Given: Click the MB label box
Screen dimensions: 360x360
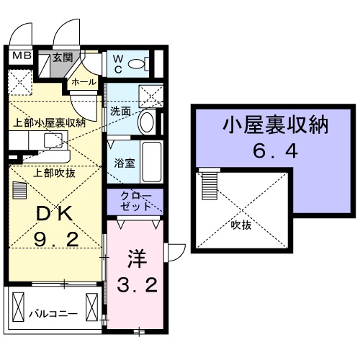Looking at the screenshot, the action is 22,56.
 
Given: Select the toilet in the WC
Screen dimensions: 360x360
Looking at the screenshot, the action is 139,64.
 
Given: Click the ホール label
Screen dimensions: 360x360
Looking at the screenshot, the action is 84,82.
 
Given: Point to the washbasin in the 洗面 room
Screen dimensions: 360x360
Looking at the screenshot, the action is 147,122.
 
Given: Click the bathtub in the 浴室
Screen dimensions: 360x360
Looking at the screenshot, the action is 152,163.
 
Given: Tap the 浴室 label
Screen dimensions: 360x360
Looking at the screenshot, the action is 125,163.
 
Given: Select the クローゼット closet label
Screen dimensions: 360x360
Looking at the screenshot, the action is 136,201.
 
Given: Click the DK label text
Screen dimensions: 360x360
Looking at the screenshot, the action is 54,214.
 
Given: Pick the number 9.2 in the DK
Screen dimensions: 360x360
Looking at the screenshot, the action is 56,240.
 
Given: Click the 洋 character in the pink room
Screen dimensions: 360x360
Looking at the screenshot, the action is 137,259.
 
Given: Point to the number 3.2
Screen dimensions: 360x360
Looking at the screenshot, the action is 138,285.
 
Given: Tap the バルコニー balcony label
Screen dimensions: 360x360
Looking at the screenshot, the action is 53,314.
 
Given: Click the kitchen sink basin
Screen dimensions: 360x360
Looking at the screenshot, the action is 53,140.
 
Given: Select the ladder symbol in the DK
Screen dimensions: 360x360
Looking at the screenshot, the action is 19,190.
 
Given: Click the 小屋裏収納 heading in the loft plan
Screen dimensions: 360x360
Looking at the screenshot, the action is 276,125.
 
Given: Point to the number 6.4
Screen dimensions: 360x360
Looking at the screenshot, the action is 276,151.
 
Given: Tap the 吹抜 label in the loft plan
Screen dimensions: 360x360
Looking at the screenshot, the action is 241,225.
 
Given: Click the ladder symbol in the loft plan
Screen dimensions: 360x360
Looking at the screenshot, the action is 210,184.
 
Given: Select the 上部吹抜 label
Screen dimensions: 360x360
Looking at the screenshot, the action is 54,173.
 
